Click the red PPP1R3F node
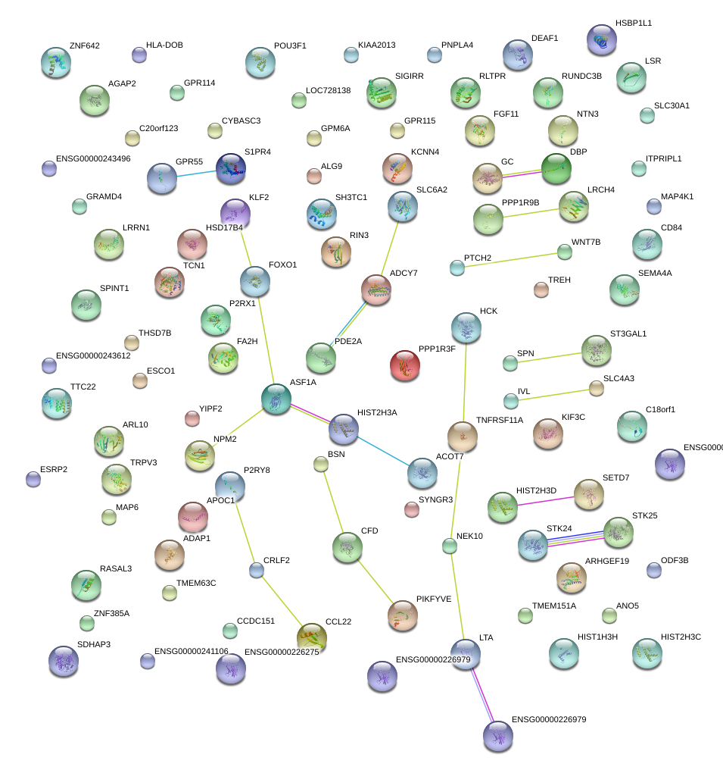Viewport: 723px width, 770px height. (405, 365)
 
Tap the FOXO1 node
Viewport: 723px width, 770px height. (254, 281)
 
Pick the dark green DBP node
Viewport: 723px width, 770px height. (556, 168)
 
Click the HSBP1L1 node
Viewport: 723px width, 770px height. (602, 39)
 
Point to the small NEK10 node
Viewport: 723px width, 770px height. (450, 544)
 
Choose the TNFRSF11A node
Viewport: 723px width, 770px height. (462, 437)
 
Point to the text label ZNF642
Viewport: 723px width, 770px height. (84, 45)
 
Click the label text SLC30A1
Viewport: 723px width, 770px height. (672, 105)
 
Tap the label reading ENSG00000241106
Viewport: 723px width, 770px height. (191, 651)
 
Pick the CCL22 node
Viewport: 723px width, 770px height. (312, 637)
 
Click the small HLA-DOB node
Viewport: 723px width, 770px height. (139, 55)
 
